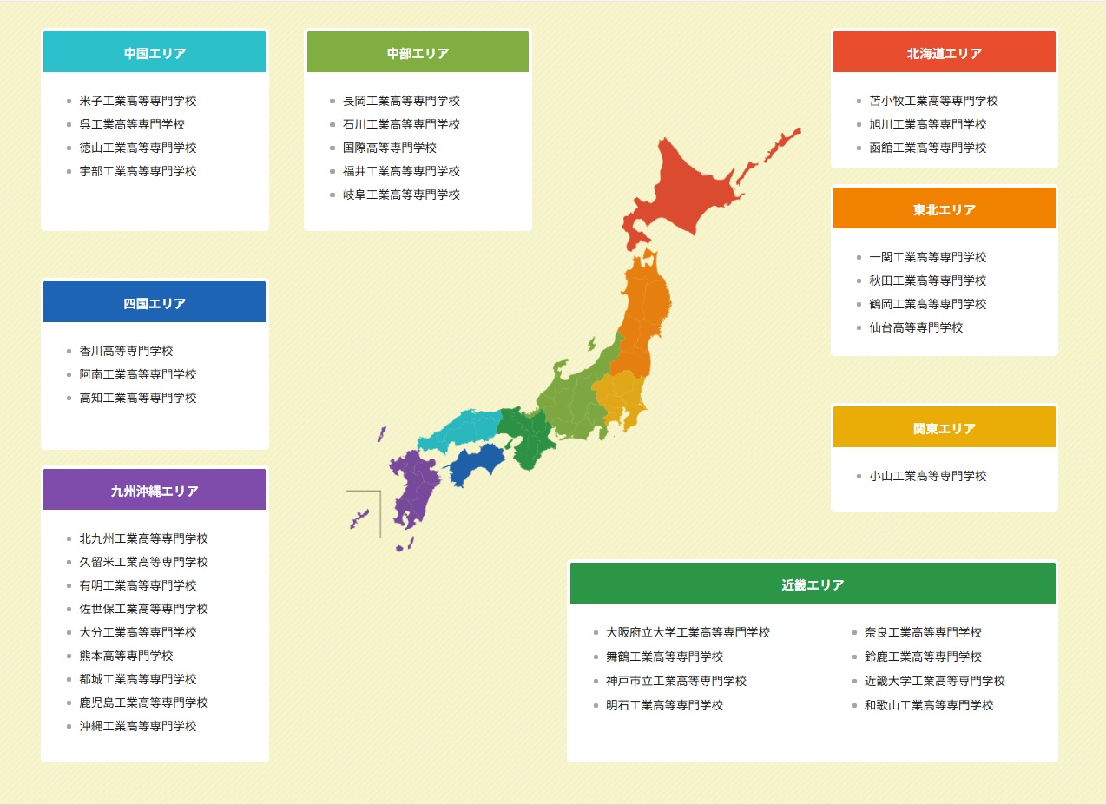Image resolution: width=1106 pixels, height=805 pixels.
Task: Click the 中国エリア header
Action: tap(155, 53)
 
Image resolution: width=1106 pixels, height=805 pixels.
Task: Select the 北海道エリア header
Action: tap(944, 53)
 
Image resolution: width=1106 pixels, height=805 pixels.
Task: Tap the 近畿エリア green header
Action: tap(812, 584)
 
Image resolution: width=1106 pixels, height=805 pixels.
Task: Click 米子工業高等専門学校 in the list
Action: tap(138, 101)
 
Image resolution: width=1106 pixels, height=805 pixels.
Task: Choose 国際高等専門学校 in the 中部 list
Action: tap(389, 148)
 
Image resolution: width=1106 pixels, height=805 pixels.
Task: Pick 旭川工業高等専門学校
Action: tap(927, 124)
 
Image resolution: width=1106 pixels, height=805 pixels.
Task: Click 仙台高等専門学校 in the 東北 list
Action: tap(916, 327)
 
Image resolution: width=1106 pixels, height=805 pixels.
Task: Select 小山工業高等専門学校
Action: tap(927, 476)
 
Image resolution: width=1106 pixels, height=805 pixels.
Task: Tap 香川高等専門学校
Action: tap(126, 351)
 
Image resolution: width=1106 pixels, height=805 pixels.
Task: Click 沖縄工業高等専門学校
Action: tap(138, 726)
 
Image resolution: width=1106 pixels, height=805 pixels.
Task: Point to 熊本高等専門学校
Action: tap(126, 656)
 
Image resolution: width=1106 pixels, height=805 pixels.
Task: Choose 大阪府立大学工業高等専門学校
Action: tap(688, 632)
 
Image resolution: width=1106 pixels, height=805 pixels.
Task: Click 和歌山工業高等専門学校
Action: tap(929, 705)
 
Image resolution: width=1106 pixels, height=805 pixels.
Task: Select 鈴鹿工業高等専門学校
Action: tap(923, 657)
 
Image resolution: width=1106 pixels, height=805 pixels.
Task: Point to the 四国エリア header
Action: tap(155, 303)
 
